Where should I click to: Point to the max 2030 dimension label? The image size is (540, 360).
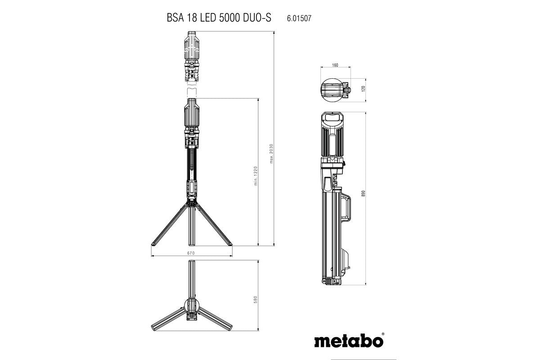point(271,154)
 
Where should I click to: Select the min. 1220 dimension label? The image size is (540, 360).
point(255,175)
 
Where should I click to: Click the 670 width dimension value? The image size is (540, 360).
point(191,253)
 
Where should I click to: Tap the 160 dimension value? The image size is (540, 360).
point(334,65)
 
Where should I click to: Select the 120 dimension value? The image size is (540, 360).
point(363,89)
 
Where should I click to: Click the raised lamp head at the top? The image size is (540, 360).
point(191,56)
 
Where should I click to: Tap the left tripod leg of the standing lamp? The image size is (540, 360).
point(168,225)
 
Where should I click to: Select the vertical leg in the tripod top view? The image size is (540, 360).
point(191,279)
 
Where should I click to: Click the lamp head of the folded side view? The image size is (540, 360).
point(332,135)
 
